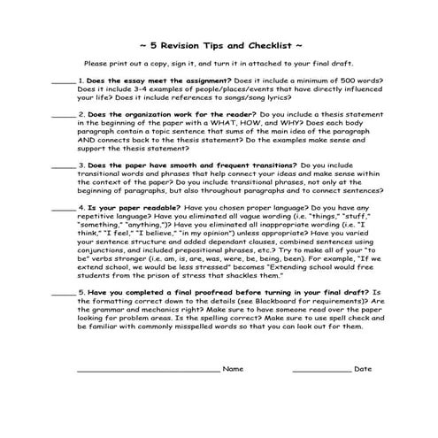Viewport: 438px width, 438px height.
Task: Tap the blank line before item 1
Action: click(63, 82)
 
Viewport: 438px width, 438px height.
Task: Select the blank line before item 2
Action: click(63, 117)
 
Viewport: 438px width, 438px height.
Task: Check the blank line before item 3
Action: click(63, 167)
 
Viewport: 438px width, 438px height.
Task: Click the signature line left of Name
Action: click(147, 371)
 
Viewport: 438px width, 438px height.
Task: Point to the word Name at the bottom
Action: click(234, 368)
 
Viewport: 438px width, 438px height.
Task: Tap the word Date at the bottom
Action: click(363, 368)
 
